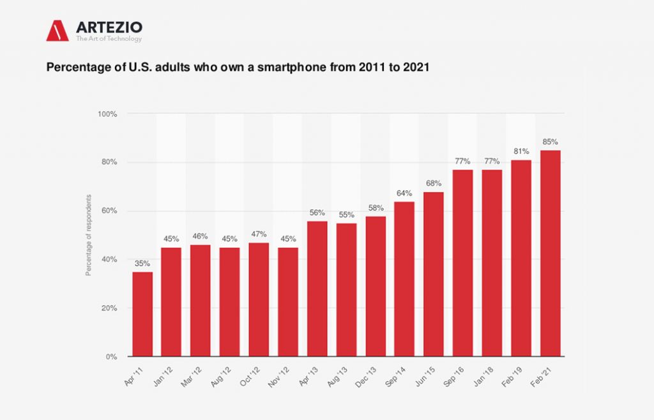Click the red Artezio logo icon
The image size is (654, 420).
tap(57, 30)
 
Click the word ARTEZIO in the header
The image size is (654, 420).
tap(109, 27)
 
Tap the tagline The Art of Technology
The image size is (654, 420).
tap(109, 39)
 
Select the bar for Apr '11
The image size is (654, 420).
tap(142, 314)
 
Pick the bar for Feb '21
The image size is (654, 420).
tap(551, 253)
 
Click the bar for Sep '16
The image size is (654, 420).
tap(463, 263)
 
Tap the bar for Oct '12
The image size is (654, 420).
tap(259, 299)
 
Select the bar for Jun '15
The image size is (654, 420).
tap(434, 274)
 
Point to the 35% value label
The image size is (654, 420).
tap(142, 264)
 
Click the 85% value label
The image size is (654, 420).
tap(551, 142)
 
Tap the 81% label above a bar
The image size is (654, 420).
tap(521, 151)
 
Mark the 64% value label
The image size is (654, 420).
tap(404, 193)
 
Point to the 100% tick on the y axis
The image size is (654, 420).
tap(107, 114)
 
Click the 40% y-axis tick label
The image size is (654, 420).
tap(109, 259)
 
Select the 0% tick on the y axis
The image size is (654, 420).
tap(111, 357)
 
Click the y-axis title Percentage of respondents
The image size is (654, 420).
tap(89, 235)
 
